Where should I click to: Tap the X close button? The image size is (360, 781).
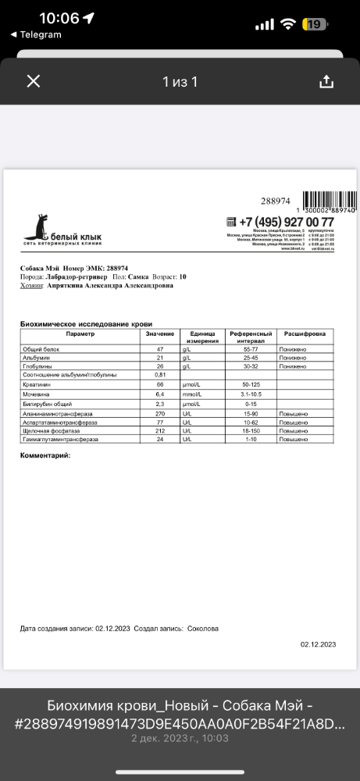34,81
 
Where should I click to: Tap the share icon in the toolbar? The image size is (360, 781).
326,82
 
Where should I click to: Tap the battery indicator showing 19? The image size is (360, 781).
316,24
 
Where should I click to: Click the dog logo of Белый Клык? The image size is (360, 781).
35,226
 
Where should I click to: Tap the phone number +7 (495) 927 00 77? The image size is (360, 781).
286,223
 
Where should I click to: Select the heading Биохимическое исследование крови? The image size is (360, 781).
86,323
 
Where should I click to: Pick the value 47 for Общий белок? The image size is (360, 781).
159,349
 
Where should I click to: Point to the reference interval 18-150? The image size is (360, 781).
250,430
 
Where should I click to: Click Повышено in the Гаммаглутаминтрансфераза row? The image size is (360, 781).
296,440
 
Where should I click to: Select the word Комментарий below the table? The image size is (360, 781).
45,455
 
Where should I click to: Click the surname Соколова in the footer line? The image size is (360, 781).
204,627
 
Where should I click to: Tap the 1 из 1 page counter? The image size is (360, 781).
180,81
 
